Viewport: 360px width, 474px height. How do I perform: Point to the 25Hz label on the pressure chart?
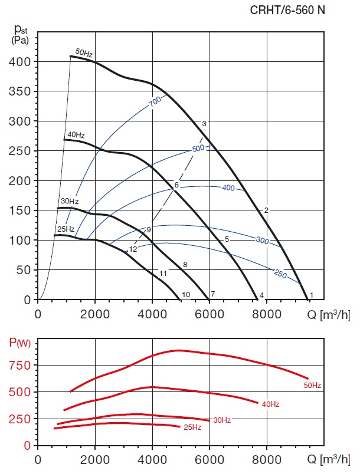point(66,229)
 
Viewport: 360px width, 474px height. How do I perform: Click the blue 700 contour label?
point(155,101)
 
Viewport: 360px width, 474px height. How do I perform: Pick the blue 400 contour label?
point(228,188)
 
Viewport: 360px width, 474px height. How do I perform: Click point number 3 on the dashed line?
point(204,124)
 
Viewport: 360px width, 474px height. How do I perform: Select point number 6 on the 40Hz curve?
point(176,185)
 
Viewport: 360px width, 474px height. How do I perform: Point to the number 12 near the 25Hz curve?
point(133,249)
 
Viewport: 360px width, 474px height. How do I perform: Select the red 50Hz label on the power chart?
point(312,385)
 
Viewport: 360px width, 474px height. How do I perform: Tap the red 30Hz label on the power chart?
point(221,420)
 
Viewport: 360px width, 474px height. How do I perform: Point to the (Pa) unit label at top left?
point(21,40)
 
